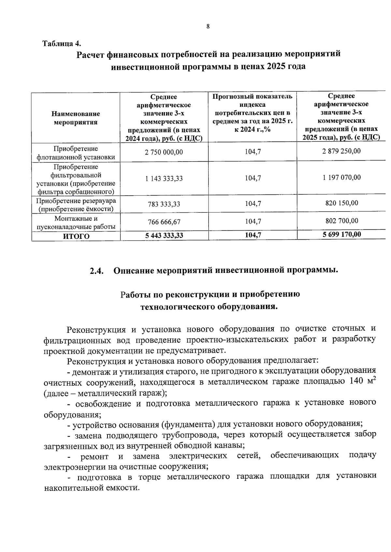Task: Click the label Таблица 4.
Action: pos(62,43)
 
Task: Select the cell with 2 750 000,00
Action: pos(164,152)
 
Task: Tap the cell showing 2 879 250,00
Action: pos(341,151)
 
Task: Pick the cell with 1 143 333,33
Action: pos(164,178)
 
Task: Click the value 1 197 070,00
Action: pos(341,178)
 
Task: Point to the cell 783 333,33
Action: pos(164,204)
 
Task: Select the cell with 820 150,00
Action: pos(341,203)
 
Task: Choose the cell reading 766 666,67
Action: pos(164,222)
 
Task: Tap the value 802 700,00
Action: pos(341,221)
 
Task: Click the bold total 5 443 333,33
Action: pos(164,236)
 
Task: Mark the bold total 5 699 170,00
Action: pos(341,235)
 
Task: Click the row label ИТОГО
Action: pos(76,236)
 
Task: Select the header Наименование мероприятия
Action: pos(76,118)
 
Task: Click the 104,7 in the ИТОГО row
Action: pos(253,235)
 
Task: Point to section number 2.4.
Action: pos(97,271)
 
